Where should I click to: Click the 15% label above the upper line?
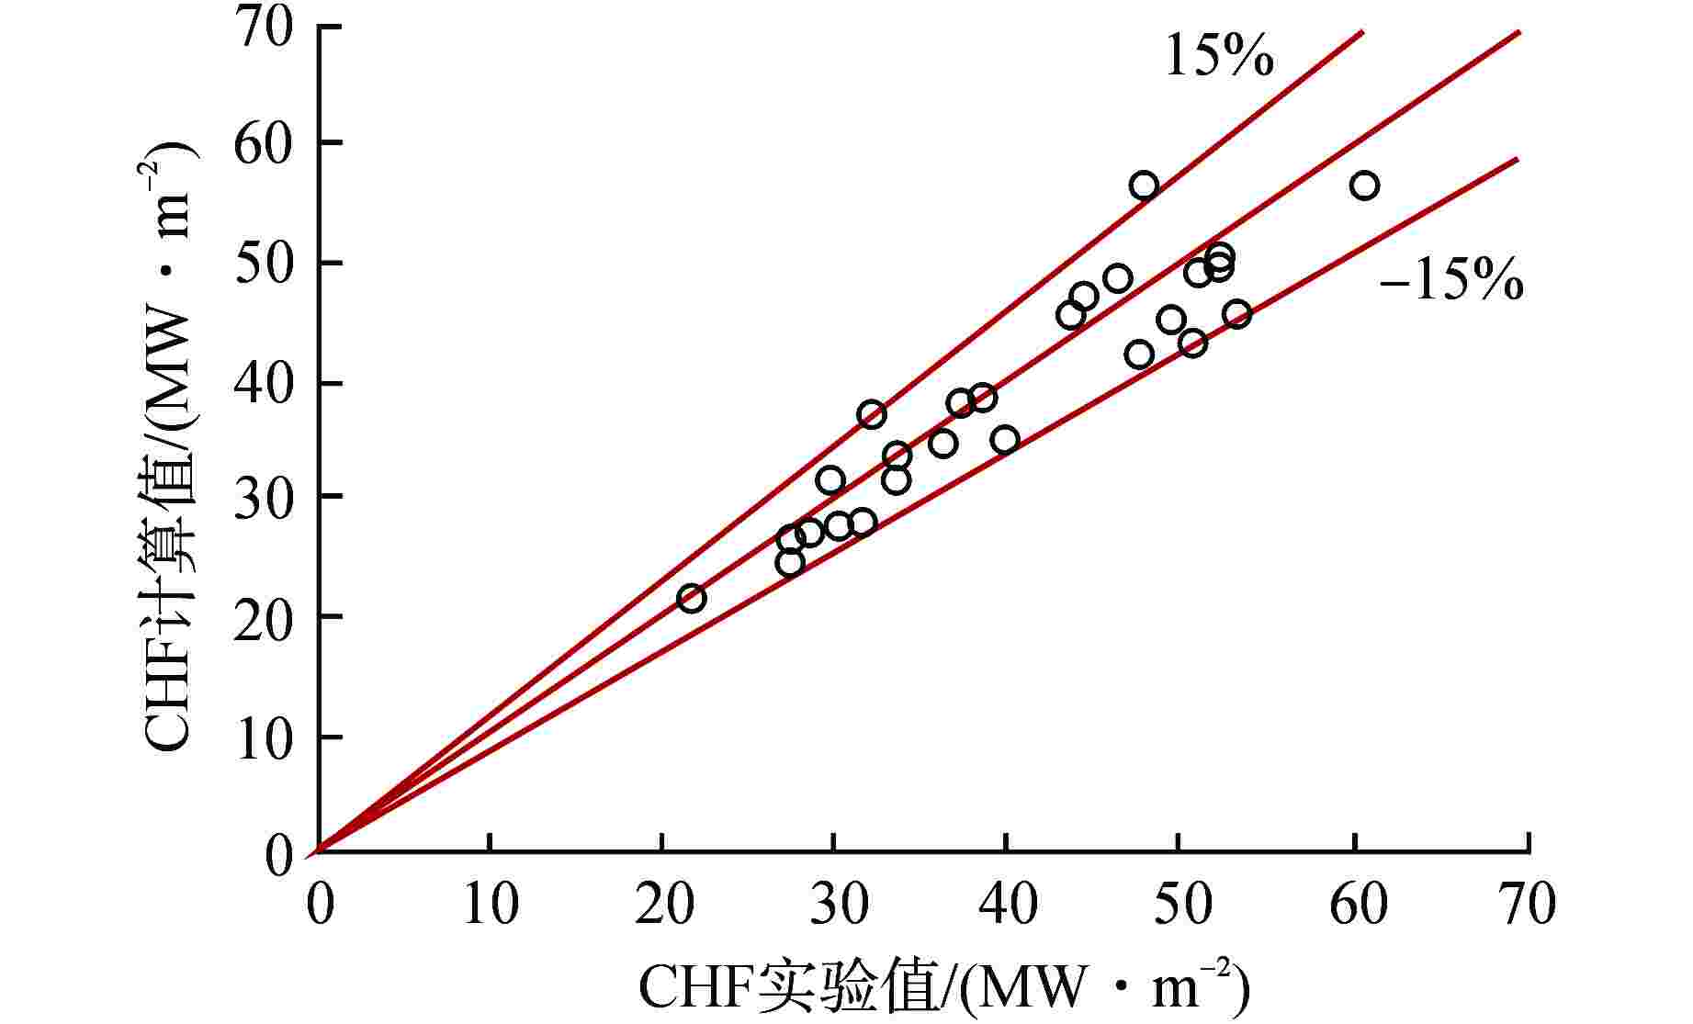pyautogui.click(x=1219, y=56)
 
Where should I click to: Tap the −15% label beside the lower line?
pyautogui.click(x=1450, y=281)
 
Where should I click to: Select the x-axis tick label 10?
pyautogui.click(x=491, y=904)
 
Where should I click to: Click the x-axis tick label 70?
pyautogui.click(x=1528, y=904)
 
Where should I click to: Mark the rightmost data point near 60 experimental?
pyautogui.click(x=1364, y=186)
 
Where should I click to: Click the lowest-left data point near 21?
pyautogui.click(x=691, y=599)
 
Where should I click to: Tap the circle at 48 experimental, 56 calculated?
pyautogui.click(x=1144, y=186)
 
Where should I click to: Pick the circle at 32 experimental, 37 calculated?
pyautogui.click(x=872, y=414)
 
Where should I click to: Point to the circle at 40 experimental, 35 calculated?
pyautogui.click(x=1005, y=439)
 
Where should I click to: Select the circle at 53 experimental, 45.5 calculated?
pyautogui.click(x=1236, y=315)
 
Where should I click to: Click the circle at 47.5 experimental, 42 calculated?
pyautogui.click(x=1139, y=354)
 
